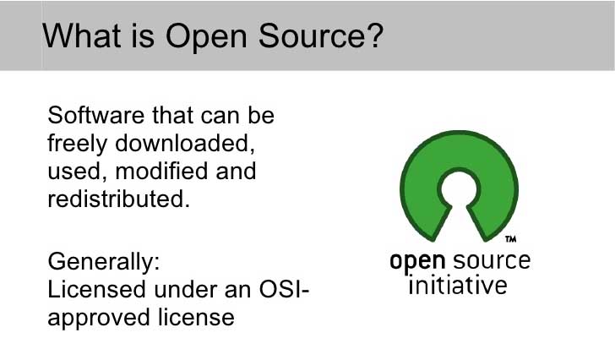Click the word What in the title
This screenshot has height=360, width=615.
coord(82,35)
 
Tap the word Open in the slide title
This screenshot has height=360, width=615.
coord(206,38)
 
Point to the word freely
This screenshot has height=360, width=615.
coord(77,145)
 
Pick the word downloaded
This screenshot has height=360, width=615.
coord(182,143)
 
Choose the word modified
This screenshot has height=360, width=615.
coord(161,171)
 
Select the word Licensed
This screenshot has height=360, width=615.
coord(96,289)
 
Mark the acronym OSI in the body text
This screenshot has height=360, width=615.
coord(280,289)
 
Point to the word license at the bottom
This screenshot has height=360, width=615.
coord(196,317)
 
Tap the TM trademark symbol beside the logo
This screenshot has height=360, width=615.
coord(510,239)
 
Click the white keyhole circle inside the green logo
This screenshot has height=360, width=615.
coord(459,189)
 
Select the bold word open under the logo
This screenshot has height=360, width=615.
coord(417,262)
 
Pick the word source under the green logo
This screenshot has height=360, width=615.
coord(492,261)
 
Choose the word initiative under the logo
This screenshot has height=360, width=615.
coord(458,285)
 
